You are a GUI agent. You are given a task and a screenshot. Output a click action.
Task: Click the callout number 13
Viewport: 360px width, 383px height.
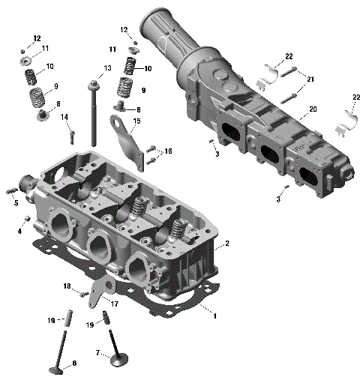tap(107, 68)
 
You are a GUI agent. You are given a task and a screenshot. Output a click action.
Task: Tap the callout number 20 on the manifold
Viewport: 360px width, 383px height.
tap(313, 109)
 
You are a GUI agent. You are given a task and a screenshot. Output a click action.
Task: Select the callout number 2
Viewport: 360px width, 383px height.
tap(226, 244)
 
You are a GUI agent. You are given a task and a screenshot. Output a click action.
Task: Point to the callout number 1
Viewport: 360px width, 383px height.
tap(215, 316)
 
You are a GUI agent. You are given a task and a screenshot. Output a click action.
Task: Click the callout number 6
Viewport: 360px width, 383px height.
tap(73, 364)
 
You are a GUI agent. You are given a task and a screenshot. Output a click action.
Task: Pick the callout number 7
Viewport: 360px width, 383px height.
tap(97, 352)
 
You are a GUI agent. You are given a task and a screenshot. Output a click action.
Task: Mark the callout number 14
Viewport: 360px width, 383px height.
tap(64, 116)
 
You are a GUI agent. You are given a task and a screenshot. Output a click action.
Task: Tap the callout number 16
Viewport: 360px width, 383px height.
tap(168, 151)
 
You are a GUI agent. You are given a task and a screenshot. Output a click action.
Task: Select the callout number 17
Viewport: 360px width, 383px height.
tap(115, 304)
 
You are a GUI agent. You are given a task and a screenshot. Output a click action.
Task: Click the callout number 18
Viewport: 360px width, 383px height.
tap(66, 286)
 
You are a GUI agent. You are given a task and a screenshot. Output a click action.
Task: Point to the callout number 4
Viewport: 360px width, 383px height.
tap(19, 231)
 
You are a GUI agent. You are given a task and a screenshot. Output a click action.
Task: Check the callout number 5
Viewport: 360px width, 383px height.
tap(15, 202)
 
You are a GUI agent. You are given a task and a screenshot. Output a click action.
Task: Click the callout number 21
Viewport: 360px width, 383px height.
tap(310, 79)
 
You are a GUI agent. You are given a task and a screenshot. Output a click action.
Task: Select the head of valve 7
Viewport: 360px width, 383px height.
tap(118, 361)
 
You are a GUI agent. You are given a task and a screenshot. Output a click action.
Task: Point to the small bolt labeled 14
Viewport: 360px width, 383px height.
tap(73, 136)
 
